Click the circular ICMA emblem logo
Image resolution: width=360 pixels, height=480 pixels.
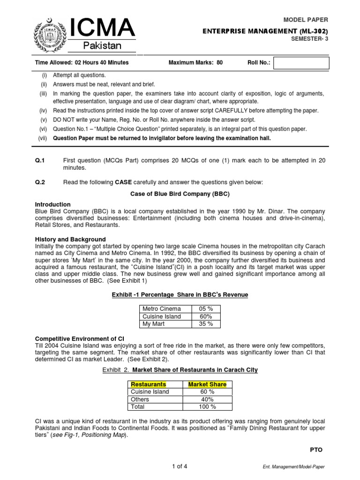pos(49,35)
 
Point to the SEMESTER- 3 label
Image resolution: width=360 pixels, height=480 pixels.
pos(310,40)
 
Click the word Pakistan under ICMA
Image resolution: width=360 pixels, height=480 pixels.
pos(102,45)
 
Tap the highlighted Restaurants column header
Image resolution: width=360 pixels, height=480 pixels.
pos(148,384)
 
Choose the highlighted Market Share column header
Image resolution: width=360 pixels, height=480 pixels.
pos(207,384)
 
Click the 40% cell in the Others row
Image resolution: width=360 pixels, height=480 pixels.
pos(207,399)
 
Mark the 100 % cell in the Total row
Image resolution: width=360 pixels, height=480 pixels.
pos(207,407)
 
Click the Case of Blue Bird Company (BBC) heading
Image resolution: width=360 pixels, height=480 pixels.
pos(180,194)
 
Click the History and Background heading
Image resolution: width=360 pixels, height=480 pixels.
pos(70,239)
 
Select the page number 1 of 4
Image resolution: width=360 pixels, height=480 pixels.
pos(180,465)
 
